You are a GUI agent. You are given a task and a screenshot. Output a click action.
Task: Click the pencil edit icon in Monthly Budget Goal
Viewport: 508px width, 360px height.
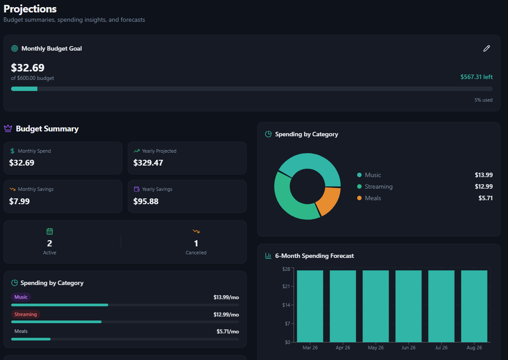487,48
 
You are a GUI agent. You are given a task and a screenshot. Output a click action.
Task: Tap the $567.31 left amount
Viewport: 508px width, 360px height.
476,77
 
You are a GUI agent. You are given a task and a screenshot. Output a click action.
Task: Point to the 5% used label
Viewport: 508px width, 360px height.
483,100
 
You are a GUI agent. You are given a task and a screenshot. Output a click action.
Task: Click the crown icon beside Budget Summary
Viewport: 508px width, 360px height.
8,129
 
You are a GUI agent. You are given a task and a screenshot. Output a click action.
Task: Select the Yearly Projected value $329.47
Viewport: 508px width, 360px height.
148,163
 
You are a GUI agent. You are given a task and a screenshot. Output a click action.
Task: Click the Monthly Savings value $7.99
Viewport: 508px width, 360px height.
20,201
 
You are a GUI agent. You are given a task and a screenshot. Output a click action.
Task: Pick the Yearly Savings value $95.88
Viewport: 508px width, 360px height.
146,201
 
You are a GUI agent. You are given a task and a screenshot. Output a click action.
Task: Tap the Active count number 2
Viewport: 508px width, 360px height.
50,243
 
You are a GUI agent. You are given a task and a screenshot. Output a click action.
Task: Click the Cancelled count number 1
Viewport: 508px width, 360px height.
196,243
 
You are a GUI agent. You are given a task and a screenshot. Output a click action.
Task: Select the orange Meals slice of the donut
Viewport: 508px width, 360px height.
328,200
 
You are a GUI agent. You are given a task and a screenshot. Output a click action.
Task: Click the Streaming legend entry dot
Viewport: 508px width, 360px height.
359,187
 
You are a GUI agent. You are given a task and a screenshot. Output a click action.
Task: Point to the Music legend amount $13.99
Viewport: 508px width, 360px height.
484,175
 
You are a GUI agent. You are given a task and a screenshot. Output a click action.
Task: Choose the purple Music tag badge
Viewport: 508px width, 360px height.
21,297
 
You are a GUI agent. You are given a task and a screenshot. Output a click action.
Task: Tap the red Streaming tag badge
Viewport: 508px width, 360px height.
25,314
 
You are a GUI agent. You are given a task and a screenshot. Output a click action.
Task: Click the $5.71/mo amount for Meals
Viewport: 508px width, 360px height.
228,332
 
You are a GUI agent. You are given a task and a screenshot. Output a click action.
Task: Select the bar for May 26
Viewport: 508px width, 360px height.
375,306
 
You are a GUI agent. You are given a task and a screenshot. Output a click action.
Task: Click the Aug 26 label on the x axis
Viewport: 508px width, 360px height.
474,348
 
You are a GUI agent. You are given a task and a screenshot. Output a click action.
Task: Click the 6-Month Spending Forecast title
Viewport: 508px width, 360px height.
314,256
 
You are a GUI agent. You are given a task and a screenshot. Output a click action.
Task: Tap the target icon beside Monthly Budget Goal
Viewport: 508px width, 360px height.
15,48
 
